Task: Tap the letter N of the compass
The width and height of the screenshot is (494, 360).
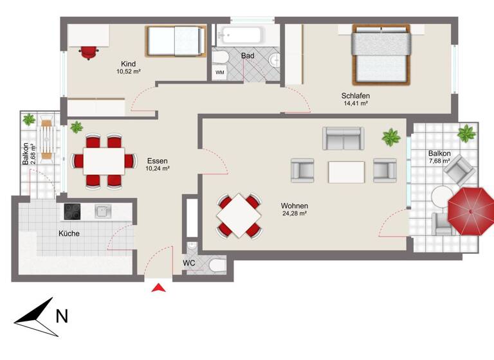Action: pos(62,316)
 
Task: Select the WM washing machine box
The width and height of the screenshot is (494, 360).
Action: pos(220,73)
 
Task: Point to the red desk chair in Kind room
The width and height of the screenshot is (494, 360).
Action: pos(88,51)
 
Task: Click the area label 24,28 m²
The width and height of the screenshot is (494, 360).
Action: pos(294,213)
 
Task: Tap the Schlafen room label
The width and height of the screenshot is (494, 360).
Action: pos(355,96)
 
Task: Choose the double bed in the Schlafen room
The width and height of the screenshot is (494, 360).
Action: pos(380,53)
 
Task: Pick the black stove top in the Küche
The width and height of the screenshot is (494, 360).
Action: pos(71,211)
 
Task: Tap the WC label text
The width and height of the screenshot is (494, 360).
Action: pos(189,264)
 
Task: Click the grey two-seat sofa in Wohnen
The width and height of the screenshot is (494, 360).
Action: pos(343,138)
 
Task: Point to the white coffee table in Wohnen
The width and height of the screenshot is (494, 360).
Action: pos(346,172)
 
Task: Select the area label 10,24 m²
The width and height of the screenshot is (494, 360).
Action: pos(158,168)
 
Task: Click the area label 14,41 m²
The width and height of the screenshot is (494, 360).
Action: pos(355,104)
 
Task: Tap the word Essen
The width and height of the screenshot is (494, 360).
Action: pos(157,161)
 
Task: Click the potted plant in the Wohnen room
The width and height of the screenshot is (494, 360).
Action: pos(390,136)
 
